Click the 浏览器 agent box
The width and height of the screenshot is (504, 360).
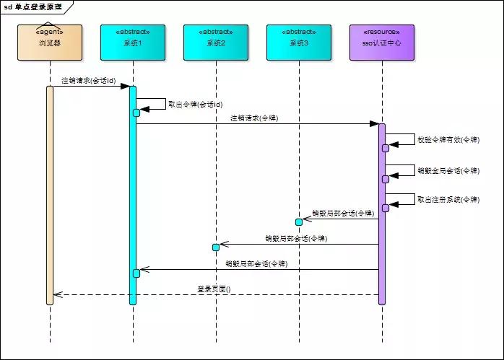click(x=50, y=43)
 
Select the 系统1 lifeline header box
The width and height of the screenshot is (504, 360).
click(x=133, y=43)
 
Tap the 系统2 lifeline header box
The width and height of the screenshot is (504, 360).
click(x=216, y=43)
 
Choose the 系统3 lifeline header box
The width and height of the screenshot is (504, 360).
click(x=298, y=43)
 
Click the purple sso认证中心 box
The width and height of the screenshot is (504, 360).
click(x=382, y=43)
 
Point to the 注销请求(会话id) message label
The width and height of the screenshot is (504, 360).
click(x=88, y=80)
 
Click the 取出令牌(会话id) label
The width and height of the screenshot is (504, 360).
click(x=195, y=104)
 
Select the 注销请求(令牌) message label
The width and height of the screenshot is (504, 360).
click(x=254, y=117)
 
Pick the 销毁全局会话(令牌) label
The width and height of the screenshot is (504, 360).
click(x=448, y=171)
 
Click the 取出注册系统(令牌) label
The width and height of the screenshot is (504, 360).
click(x=448, y=200)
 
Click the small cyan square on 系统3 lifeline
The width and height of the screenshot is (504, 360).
click(x=298, y=221)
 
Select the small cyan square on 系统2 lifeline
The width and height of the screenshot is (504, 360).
click(x=216, y=247)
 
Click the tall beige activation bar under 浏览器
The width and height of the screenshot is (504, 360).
click(x=50, y=195)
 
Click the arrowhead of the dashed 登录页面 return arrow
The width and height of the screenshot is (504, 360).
click(x=58, y=294)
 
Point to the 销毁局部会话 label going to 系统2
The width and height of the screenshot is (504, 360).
click(x=296, y=238)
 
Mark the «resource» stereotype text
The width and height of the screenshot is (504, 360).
click(x=382, y=32)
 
